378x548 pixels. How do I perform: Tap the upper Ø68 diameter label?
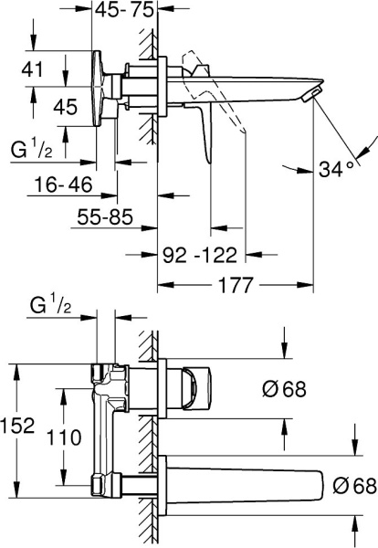click(283, 388)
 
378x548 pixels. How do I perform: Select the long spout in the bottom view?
click(247, 481)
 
